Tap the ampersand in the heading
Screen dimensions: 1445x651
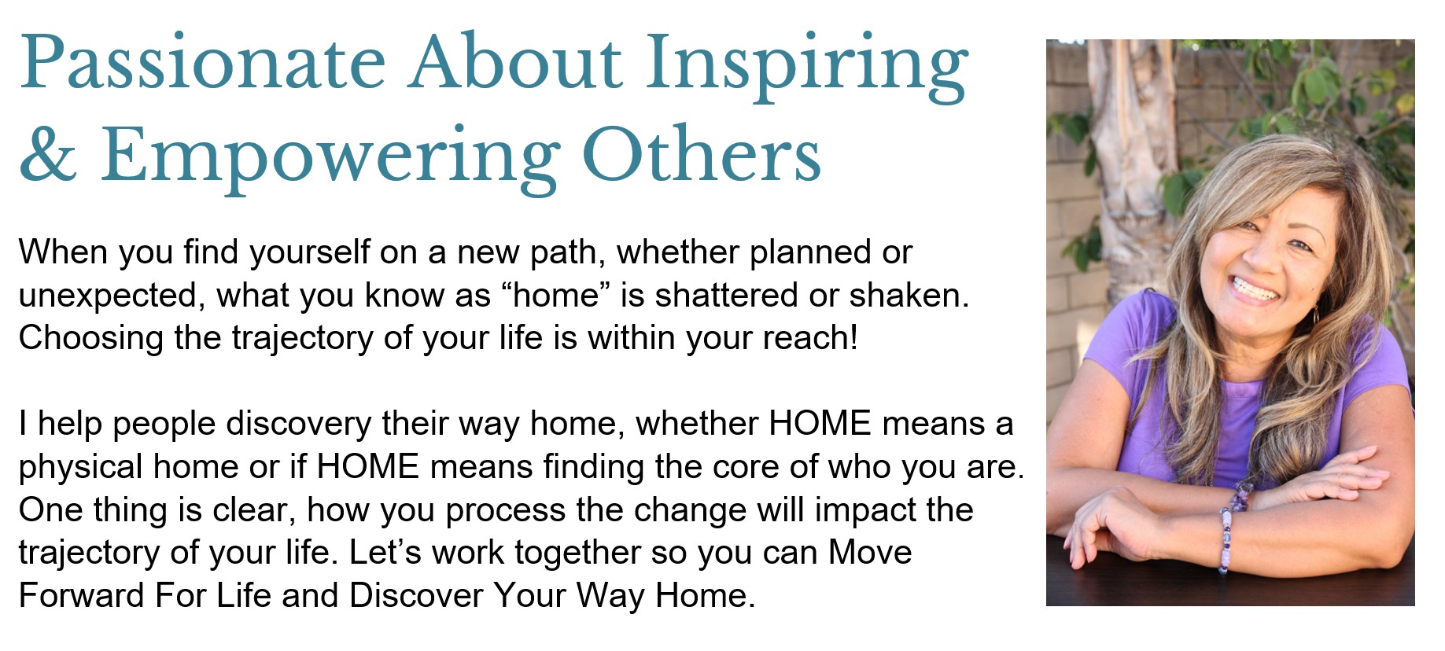click(x=48, y=154)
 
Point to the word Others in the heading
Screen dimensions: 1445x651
click(x=701, y=153)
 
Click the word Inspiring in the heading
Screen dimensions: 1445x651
click(x=808, y=67)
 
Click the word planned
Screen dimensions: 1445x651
click(x=809, y=253)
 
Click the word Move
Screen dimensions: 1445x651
click(x=870, y=553)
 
